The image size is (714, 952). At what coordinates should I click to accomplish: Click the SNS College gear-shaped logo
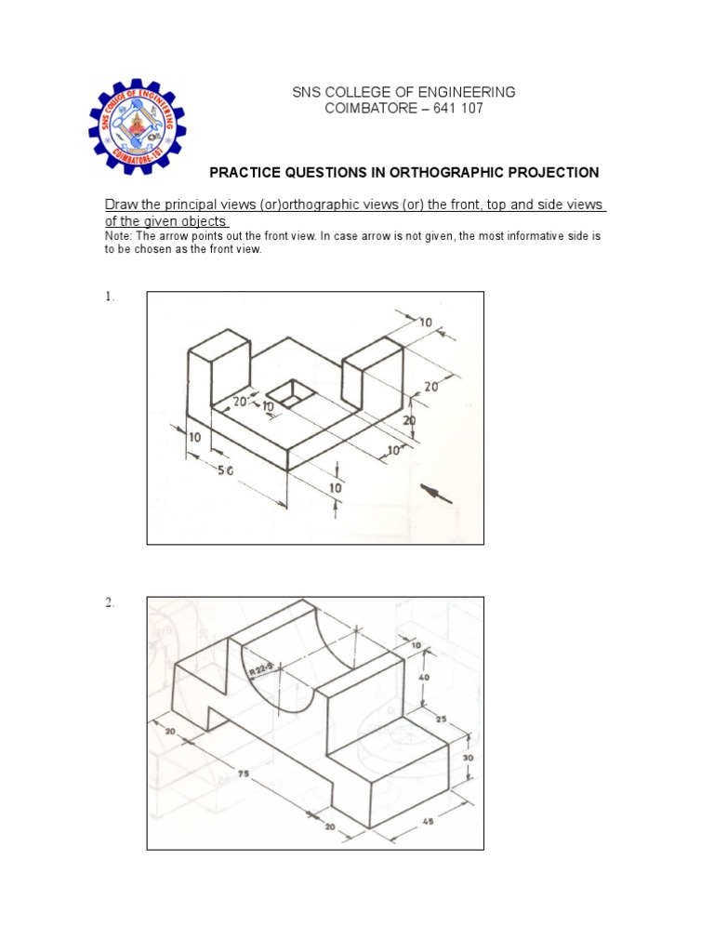(138, 124)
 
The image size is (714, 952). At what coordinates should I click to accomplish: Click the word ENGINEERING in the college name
(464, 92)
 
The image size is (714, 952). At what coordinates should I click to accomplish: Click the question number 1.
(109, 297)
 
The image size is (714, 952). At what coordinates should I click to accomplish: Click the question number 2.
(109, 603)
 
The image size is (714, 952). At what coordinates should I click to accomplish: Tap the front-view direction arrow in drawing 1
(438, 493)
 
